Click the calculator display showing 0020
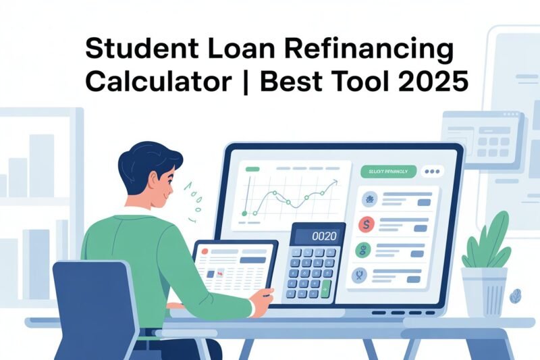coord(317,236)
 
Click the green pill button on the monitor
coord(385,172)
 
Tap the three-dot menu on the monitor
coord(430,172)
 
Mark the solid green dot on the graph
coord(245,213)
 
